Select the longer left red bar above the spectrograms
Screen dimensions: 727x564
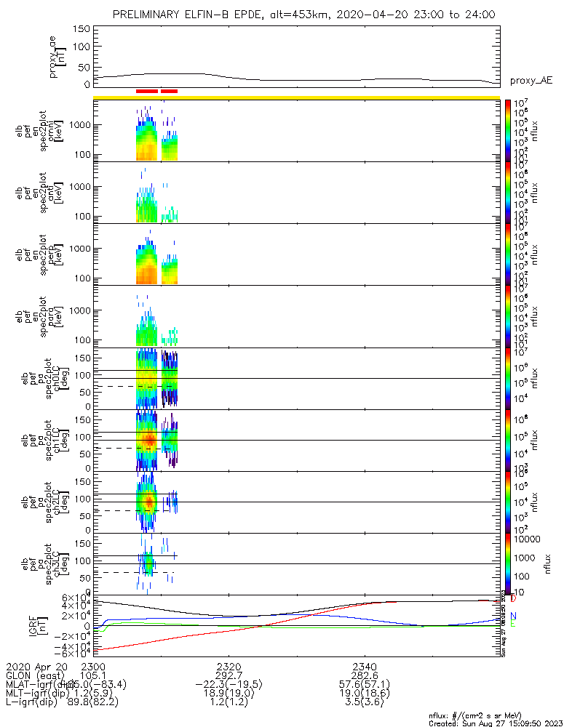(146, 91)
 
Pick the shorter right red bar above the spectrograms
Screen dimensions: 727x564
(169, 91)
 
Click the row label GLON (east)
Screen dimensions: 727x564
(33, 675)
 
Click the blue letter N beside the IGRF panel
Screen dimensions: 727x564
(513, 615)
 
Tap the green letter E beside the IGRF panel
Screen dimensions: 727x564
(513, 623)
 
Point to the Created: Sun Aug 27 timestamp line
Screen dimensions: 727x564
(495, 723)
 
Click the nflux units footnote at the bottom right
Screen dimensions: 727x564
(495, 715)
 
